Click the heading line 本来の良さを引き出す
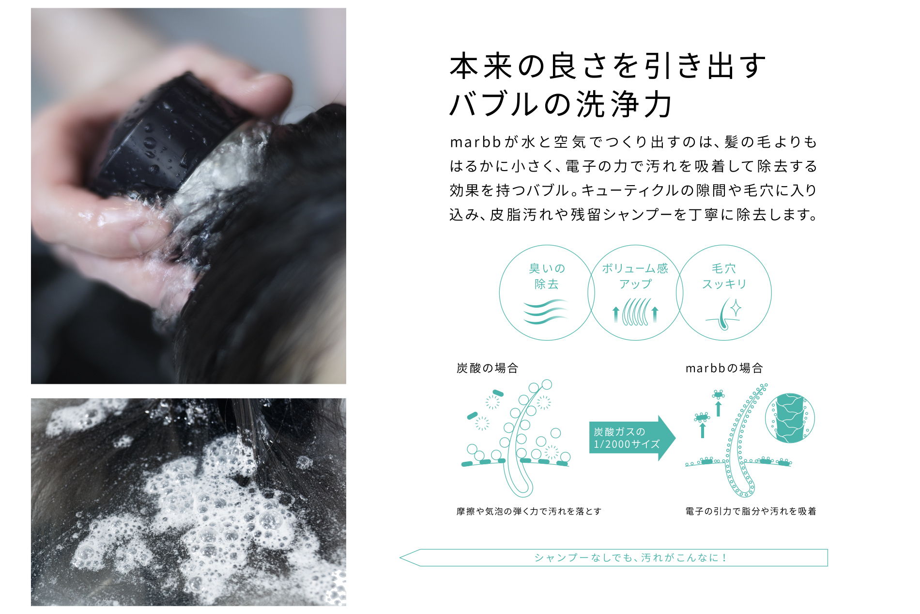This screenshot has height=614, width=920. point(608,66)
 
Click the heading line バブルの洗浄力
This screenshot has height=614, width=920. point(561,104)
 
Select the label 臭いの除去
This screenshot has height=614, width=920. point(547,276)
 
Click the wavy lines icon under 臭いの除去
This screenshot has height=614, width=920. point(546,311)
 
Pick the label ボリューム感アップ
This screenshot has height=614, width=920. point(635,276)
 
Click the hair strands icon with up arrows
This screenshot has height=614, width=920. point(635,312)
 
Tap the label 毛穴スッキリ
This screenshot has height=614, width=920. point(724,276)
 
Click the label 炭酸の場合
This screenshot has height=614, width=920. point(487,368)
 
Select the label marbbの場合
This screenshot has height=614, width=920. point(724,368)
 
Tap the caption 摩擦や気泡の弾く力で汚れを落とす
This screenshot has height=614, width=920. point(529,511)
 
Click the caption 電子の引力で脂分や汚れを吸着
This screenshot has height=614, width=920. point(751,511)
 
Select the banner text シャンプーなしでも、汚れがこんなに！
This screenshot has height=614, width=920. point(630,558)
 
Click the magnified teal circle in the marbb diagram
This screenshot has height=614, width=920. point(790,418)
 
